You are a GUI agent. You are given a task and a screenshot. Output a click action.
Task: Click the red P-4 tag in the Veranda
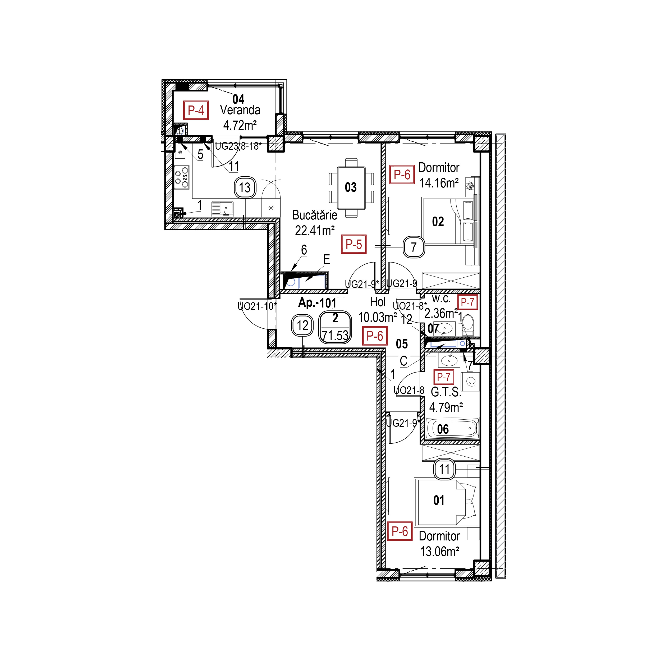196,110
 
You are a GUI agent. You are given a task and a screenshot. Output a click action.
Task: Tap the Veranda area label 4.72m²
240,126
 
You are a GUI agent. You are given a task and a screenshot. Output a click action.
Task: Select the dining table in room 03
351,187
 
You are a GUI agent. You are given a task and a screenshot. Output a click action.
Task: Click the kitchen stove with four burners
182,177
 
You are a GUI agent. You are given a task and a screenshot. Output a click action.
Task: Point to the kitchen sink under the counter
222,208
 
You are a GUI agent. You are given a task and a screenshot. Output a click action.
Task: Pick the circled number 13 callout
245,187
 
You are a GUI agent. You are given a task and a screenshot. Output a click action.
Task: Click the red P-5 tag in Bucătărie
354,244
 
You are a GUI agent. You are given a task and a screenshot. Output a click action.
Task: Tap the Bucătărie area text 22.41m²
314,231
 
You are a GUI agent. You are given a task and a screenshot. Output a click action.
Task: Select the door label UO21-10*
257,306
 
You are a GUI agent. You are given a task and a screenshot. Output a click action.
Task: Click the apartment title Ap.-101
317,303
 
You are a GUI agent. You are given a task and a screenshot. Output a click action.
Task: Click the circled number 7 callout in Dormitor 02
414,247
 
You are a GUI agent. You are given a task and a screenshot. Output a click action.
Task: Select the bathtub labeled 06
453,429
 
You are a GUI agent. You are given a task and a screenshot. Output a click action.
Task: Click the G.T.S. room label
446,392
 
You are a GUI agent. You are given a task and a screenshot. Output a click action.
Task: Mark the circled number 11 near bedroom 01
444,469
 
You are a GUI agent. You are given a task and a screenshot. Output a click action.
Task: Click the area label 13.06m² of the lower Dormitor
439,552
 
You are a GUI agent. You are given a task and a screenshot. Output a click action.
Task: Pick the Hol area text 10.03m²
377,318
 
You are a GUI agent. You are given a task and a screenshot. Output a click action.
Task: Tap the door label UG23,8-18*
238,146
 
